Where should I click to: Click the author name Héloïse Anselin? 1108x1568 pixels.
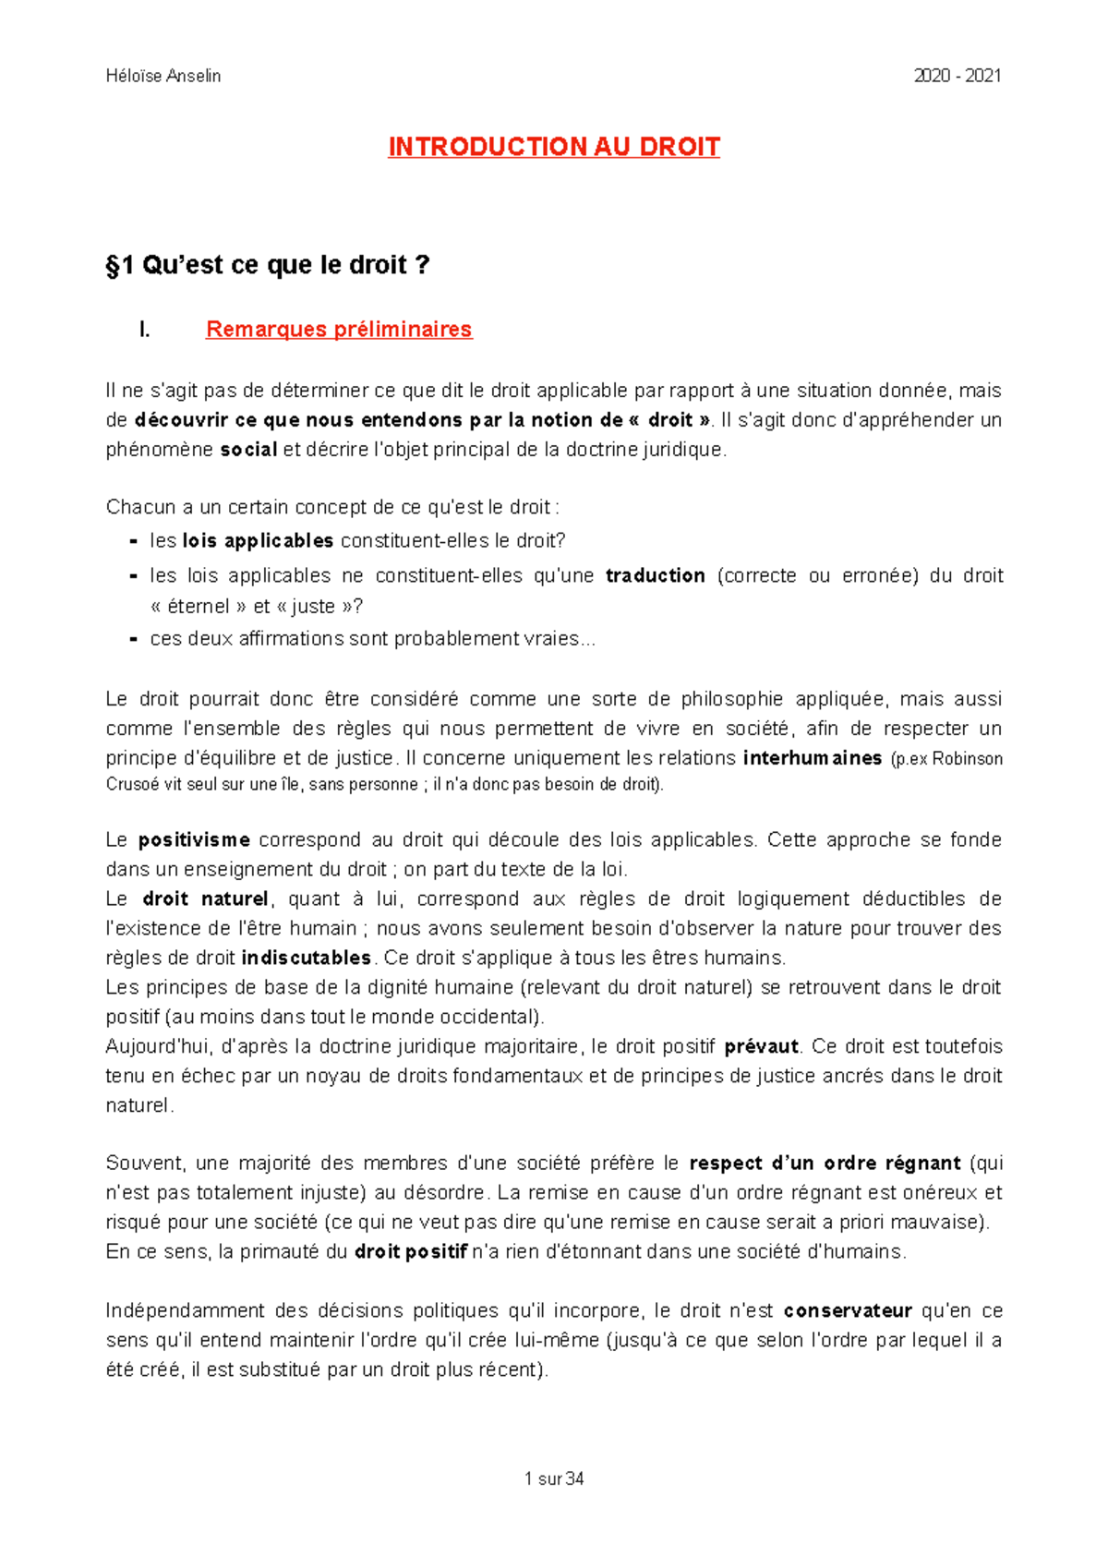pos(163,76)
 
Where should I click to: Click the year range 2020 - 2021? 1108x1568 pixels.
pos(957,76)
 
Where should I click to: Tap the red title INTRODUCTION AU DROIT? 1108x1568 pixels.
pos(553,147)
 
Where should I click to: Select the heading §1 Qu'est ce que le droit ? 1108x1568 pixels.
pos(268,265)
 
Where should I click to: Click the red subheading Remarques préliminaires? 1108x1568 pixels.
pos(339,329)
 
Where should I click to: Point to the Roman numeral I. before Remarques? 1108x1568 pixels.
pos(144,329)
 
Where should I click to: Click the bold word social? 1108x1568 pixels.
pos(248,450)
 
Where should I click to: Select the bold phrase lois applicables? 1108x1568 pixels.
pos(258,540)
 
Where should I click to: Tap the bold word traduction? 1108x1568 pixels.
pos(655,575)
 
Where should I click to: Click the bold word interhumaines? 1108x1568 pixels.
pos(813,758)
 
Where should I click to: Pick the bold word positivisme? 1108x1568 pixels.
pos(194,839)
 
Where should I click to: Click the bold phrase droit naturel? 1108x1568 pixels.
pos(205,899)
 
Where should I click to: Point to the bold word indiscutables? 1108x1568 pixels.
pos(306,958)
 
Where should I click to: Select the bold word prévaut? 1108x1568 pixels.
pos(761,1046)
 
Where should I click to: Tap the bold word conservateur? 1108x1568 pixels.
pos(848,1310)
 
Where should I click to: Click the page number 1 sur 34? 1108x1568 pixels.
pos(553,1478)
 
